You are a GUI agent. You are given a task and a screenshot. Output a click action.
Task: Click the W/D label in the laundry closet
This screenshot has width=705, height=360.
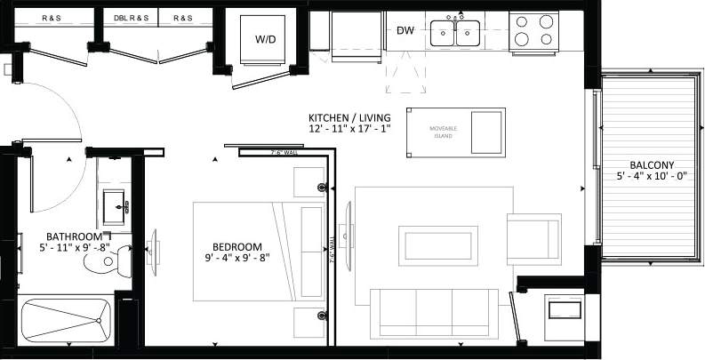(x=265, y=39)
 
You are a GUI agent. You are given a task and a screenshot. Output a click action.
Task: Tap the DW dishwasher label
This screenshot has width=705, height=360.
(x=405, y=31)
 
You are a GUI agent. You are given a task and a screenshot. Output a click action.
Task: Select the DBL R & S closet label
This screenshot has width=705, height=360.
(x=132, y=18)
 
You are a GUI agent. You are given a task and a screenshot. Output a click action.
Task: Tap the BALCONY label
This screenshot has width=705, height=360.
(x=652, y=164)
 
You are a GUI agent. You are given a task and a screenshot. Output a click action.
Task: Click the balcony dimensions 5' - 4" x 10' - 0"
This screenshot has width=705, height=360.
(x=652, y=177)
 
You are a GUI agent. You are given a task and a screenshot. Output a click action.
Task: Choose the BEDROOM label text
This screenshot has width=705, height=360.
(x=236, y=246)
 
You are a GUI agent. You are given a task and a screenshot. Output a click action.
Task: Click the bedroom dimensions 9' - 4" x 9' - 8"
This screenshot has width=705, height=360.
(x=236, y=259)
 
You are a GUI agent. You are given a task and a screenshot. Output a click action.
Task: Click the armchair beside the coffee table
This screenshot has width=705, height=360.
(x=533, y=240)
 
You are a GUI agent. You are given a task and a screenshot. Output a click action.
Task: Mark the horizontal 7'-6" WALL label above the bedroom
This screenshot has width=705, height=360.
(x=284, y=153)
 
